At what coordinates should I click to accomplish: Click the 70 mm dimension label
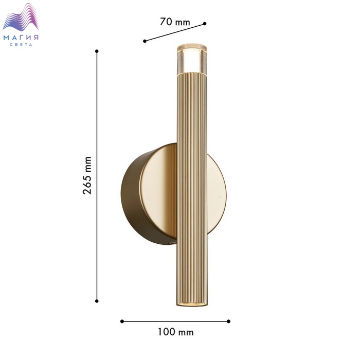[x=175, y=22]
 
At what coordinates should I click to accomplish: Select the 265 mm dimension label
[x=87, y=175]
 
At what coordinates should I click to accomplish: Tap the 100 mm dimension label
[x=176, y=332]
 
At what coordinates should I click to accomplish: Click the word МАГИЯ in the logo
[x=21, y=38]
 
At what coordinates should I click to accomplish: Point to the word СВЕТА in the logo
[x=21, y=45]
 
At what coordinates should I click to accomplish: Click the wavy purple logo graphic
[x=21, y=17]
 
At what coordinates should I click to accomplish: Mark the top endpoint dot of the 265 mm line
[x=97, y=51]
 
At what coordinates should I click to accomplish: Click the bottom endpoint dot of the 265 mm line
[x=97, y=301]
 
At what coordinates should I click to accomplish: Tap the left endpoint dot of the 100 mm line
[x=122, y=321]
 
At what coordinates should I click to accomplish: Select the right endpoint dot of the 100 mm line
[x=228, y=321]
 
